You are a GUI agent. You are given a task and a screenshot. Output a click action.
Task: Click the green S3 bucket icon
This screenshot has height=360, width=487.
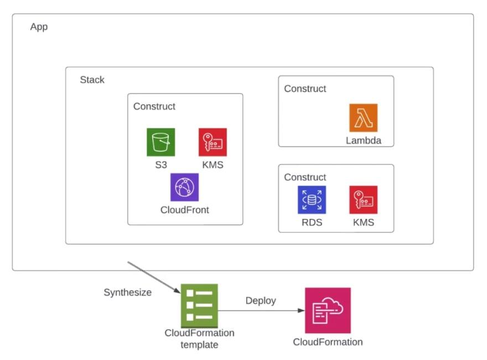160,142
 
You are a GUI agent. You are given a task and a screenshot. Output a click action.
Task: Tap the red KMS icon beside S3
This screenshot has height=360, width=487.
213,142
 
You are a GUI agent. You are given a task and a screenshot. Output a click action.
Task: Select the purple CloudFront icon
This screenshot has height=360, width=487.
184,187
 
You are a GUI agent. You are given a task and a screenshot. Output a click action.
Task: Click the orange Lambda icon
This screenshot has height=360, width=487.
363,118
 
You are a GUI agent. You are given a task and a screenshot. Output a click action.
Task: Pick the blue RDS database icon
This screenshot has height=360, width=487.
312,200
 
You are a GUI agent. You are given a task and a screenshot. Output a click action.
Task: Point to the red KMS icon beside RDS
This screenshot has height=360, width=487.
363,200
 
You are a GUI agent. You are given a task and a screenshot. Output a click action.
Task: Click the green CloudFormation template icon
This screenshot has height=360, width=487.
199,305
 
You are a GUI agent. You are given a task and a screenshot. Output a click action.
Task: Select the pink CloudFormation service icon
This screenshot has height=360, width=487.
328,310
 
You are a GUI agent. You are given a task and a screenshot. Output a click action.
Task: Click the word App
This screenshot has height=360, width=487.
39,27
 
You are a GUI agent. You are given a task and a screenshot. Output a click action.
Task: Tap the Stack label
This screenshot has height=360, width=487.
92,80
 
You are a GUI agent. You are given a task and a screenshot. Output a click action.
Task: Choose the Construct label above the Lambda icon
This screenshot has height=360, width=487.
305,88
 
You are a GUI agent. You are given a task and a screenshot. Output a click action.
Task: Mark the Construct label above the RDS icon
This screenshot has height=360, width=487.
305,177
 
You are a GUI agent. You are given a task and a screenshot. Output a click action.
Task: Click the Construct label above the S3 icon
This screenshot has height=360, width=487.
154,106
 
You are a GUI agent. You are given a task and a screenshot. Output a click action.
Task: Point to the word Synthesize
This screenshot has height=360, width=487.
127,293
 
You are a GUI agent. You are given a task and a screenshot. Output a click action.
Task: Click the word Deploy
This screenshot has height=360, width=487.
261,301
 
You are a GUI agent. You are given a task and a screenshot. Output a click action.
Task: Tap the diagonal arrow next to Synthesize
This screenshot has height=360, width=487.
155,276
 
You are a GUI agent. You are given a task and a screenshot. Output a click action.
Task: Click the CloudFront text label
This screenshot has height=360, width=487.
184,210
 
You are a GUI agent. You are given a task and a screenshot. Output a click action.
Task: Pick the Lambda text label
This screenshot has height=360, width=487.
363,140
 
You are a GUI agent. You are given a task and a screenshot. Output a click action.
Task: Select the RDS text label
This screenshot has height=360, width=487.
312,223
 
